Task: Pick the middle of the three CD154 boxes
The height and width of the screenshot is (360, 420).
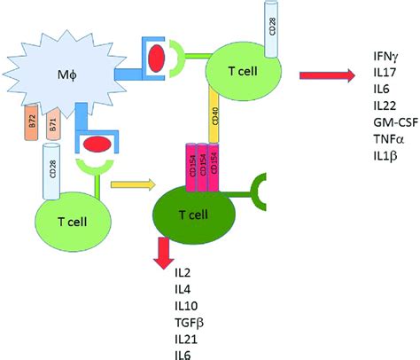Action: coord(206,164)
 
